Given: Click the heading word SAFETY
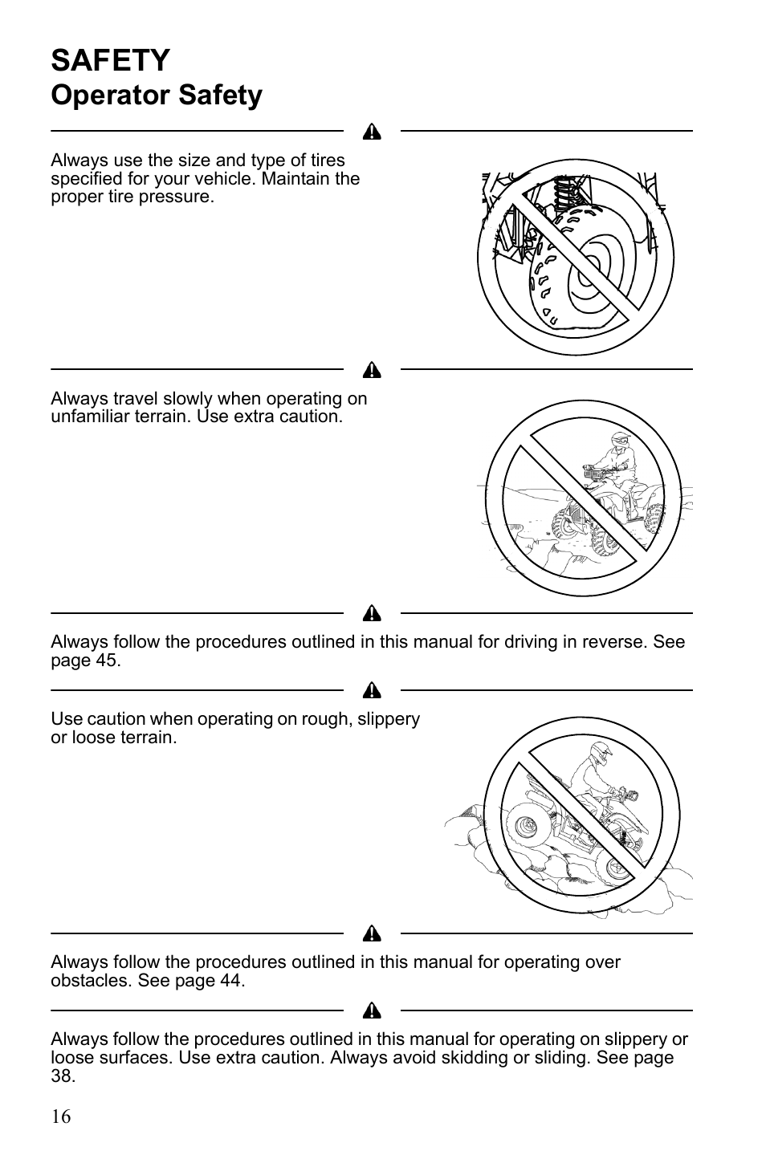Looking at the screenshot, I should coord(111,61).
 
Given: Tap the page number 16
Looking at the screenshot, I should coord(61,1116).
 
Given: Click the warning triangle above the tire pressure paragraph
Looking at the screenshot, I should coord(372,132).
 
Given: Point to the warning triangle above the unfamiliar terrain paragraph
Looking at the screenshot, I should coord(372,371).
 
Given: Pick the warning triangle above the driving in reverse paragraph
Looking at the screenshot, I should coord(372,615).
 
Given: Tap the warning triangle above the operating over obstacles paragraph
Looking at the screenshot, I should coord(372,934).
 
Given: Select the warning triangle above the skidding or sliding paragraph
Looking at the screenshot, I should coord(372,1011).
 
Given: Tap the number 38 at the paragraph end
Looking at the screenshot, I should coord(62,1076).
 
